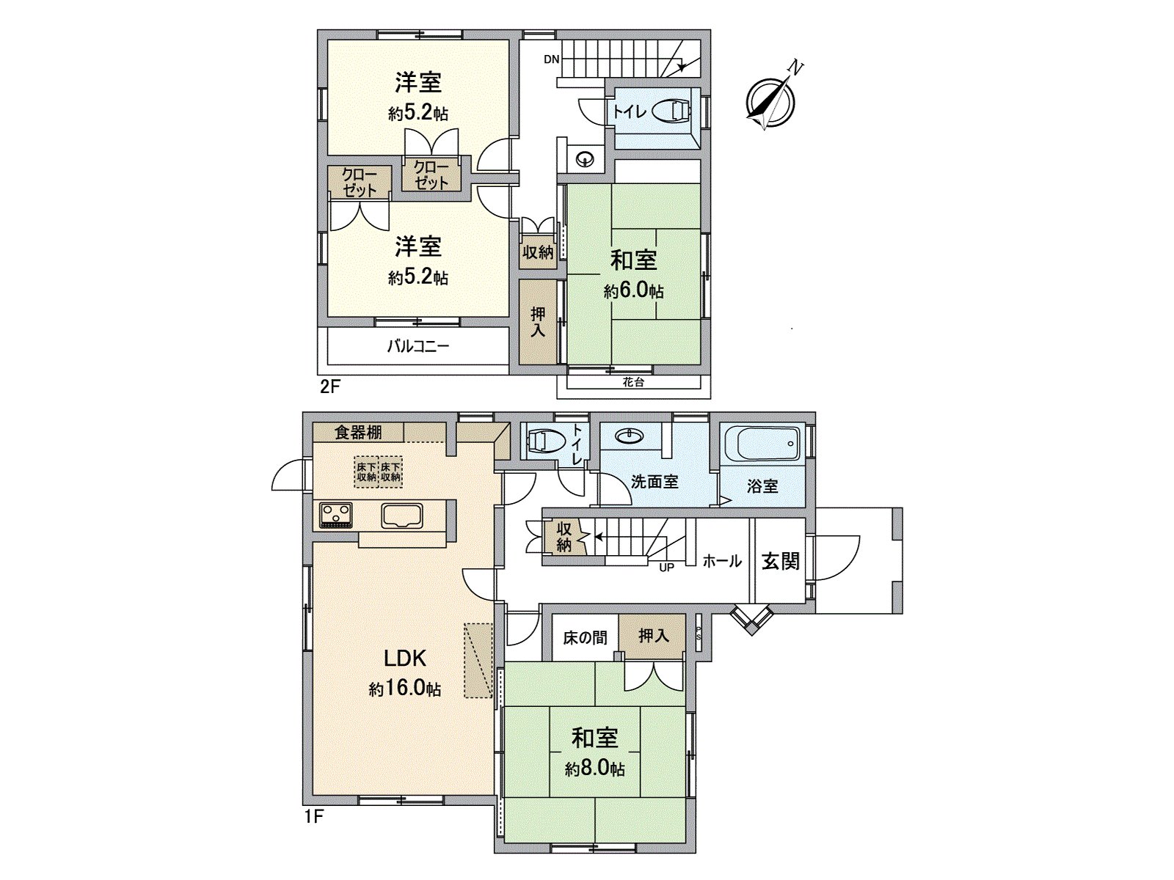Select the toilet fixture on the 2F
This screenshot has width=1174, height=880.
click(x=671, y=111)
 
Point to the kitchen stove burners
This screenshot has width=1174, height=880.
click(x=336, y=514)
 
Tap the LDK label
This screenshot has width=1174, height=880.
click(x=405, y=658)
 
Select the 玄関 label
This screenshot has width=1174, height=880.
click(x=780, y=561)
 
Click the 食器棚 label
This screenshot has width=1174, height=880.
click(x=358, y=432)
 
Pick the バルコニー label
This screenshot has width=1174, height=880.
click(x=418, y=346)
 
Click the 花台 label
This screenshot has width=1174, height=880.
click(x=633, y=382)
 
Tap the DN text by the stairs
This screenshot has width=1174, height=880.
click(x=552, y=60)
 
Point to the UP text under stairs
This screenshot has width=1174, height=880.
click(x=666, y=567)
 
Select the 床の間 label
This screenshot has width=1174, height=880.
click(x=585, y=638)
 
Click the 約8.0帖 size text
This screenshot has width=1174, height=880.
click(x=595, y=769)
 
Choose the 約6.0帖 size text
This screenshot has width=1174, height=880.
click(x=634, y=291)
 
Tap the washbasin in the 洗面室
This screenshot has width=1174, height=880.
click(x=628, y=437)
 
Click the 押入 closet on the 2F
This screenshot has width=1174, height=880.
click(x=538, y=322)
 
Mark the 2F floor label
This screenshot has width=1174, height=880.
click(x=330, y=386)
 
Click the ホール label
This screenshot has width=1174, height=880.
click(x=722, y=561)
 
